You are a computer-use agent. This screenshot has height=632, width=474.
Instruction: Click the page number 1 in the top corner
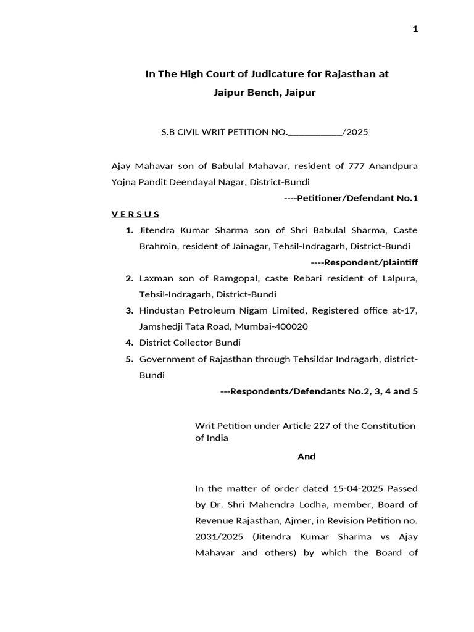pos(415,29)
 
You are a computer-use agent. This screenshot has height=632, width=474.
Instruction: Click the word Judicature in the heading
pos(278,74)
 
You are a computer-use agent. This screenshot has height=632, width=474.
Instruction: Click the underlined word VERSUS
pos(135,214)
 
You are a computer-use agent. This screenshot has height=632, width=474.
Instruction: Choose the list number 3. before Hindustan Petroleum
pos(130,310)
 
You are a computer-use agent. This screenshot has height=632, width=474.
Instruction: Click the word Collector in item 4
pos(192,343)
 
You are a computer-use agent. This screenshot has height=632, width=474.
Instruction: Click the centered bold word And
pos(306,457)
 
